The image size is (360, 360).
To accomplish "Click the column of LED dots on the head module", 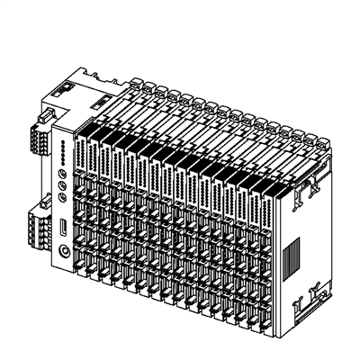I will coord(61,149).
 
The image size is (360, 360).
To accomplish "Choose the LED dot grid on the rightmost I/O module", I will coord(274,216).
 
